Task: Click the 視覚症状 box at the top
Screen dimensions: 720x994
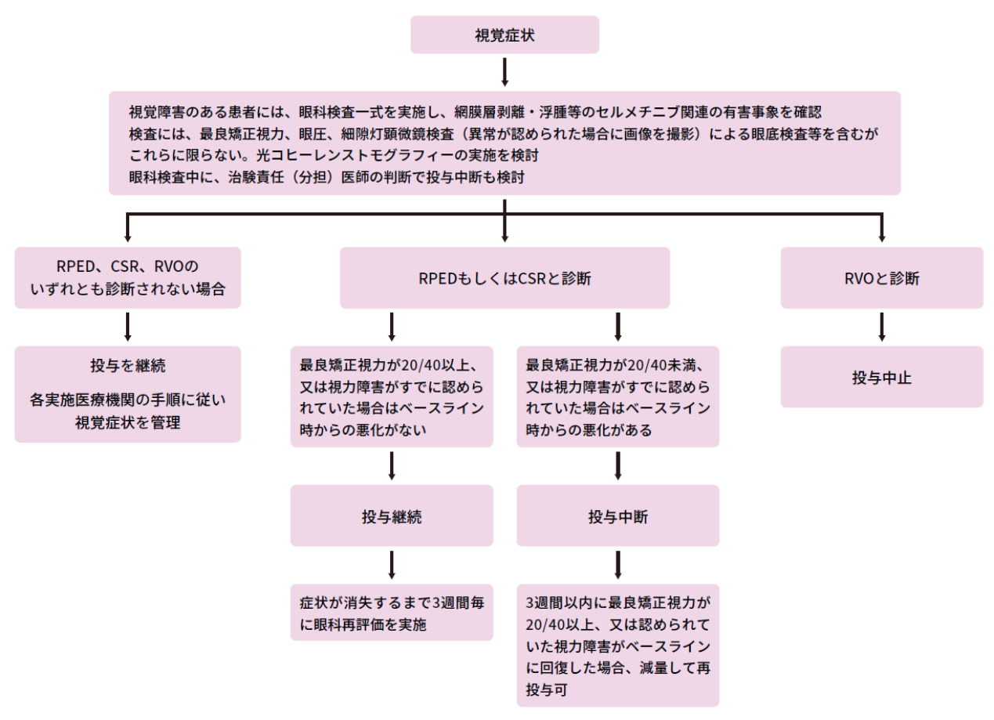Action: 504,35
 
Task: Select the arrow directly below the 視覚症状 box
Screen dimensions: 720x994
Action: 504,72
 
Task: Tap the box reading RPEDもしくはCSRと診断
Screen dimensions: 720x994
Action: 504,278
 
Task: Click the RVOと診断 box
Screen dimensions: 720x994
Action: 881,278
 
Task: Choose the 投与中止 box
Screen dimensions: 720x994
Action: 881,378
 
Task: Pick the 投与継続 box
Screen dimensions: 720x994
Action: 392,516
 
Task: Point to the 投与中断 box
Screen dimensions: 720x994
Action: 618,516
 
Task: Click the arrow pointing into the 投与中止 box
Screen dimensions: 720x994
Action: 881,327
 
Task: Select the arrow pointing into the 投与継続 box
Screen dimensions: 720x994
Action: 392,465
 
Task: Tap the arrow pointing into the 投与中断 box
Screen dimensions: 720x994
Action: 618,465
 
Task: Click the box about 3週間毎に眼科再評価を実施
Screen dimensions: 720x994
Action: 392,613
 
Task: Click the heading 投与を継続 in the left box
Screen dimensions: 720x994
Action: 128,366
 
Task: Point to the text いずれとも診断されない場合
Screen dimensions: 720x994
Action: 128,289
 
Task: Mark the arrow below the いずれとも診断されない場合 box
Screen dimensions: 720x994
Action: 128,327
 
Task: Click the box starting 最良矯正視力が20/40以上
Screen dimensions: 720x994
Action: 392,397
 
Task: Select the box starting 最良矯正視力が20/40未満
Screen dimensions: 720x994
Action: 618,397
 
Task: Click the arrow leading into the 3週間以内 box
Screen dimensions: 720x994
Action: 618,565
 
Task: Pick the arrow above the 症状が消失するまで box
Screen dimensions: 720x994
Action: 392,565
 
